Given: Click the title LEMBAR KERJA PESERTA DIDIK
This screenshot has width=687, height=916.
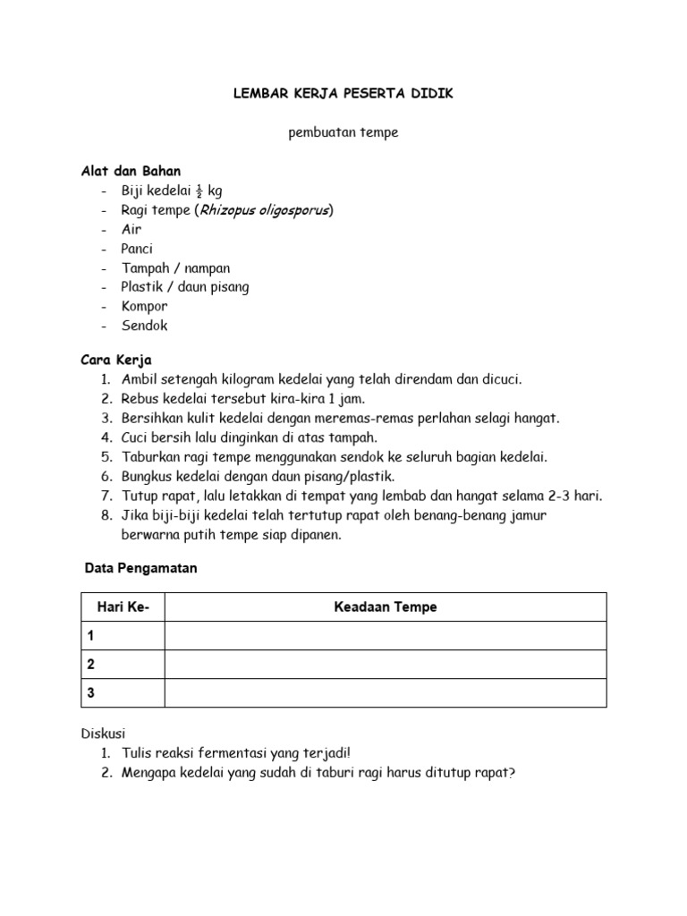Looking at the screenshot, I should pos(343,94).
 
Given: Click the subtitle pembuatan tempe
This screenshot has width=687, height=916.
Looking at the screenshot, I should pos(343,133).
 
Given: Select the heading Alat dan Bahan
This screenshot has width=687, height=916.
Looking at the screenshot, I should pos(130,171).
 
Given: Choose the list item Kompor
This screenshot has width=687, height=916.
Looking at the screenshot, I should pos(145,306).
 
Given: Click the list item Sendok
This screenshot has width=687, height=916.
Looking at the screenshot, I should pos(145,326).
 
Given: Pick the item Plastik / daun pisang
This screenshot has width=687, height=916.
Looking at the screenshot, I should pos(185,287).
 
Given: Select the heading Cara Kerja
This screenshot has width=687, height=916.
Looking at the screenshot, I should pos(117,360).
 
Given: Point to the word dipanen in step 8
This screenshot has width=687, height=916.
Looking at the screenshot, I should pos(316,535).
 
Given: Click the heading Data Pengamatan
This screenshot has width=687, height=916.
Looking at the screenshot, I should pos(141,568).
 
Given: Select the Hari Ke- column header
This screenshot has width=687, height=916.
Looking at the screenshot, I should pos(123,607).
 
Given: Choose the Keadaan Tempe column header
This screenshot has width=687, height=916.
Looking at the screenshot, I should pos(386,607).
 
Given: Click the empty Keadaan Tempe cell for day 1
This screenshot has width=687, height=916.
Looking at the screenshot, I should pos(386,636).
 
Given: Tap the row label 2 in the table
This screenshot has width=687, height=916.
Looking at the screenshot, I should pos(90,665).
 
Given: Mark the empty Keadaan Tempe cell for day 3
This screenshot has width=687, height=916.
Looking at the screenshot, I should pos(386,693).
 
